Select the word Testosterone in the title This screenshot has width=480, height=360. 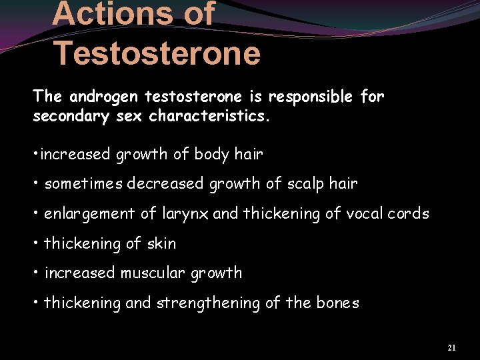click(156, 53)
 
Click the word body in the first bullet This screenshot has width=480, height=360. click(211, 155)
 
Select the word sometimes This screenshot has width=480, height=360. click(84, 184)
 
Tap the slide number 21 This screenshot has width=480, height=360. click(451, 348)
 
